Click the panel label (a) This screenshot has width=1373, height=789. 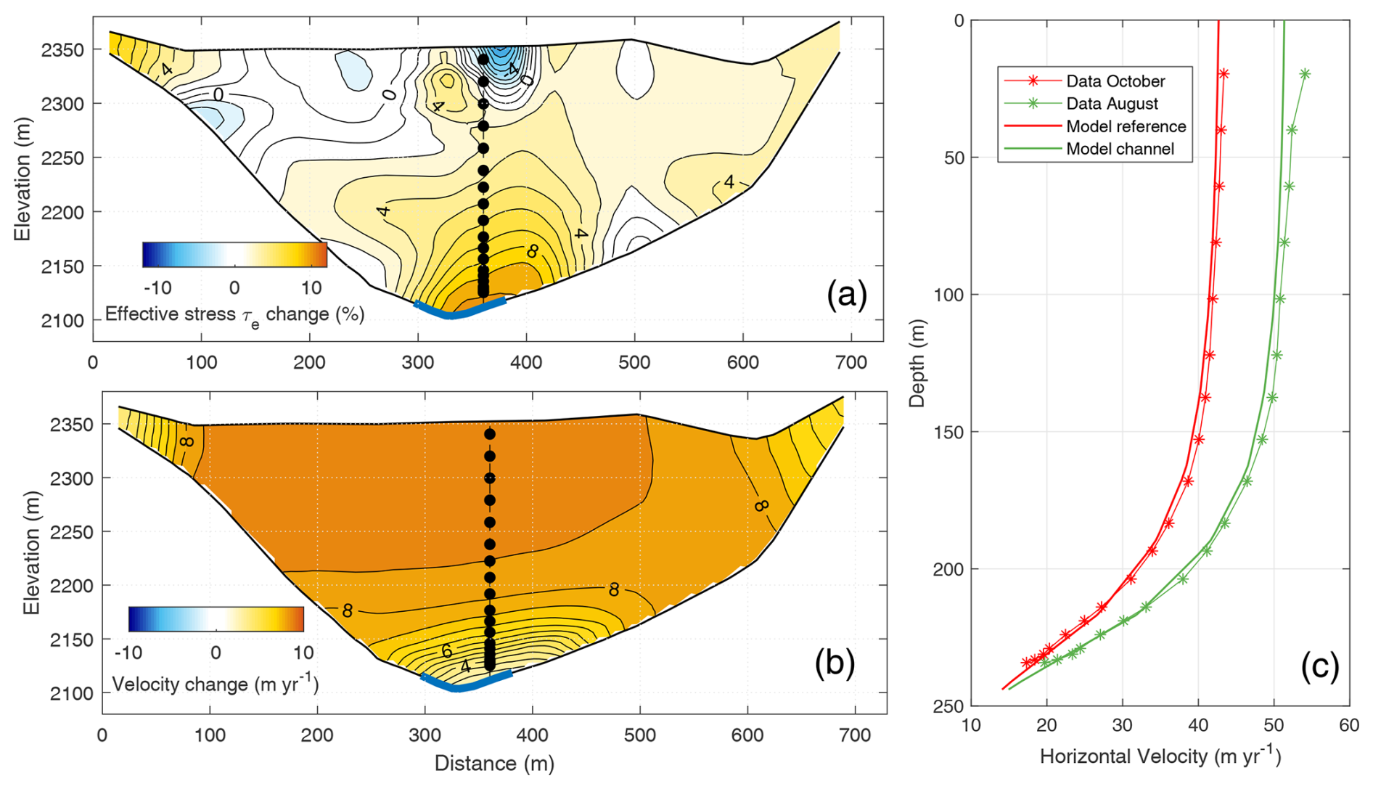click(847, 295)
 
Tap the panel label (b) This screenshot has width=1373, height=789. click(835, 663)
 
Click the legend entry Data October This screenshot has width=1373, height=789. click(1115, 81)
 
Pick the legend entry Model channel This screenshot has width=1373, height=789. click(1119, 149)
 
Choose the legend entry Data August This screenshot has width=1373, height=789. click(1111, 104)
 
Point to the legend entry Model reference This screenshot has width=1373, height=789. click(1126, 126)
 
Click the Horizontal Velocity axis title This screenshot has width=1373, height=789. click(1160, 756)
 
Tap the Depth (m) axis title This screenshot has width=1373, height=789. click(917, 363)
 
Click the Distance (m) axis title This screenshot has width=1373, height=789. click(494, 764)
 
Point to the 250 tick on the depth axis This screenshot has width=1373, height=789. click(948, 706)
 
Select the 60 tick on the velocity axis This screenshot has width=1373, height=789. click(1348, 726)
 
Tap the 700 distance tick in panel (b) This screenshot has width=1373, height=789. click(855, 735)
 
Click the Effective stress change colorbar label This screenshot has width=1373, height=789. click(234, 315)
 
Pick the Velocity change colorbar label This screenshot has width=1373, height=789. click(216, 684)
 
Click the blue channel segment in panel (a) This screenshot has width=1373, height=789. click(459, 311)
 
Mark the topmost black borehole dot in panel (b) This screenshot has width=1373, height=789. click(490, 434)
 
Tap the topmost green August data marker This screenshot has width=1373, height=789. click(1305, 74)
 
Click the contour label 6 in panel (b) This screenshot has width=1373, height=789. click(448, 651)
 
